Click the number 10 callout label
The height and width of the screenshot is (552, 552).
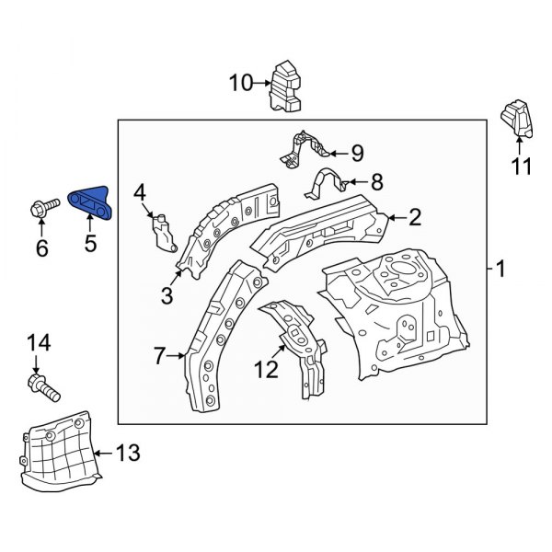pyautogui.click(x=240, y=85)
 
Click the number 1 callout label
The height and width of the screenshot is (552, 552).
pyautogui.click(x=500, y=270)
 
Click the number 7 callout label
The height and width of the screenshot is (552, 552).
pyautogui.click(x=159, y=353)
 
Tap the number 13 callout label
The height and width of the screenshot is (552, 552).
pyautogui.click(x=129, y=452)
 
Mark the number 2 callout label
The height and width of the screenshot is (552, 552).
pyautogui.click(x=415, y=217)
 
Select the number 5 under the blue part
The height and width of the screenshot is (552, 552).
pyautogui.click(x=90, y=243)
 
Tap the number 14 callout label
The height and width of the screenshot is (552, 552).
pyautogui.click(x=38, y=343)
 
